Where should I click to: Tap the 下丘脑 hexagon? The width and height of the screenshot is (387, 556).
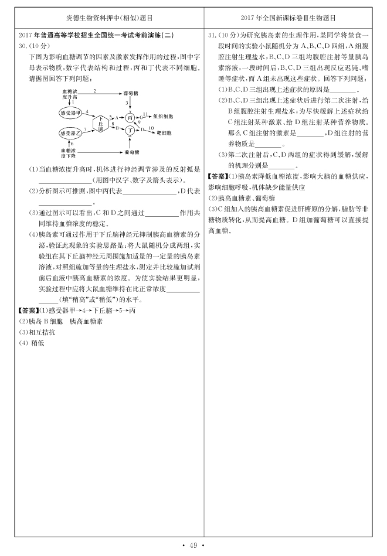point(101,122)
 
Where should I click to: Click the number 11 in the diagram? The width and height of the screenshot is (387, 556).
point(145,112)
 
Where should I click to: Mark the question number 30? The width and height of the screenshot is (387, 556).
point(23,45)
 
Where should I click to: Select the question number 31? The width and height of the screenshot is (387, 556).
point(214,36)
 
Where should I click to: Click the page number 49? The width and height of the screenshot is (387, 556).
point(193,547)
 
